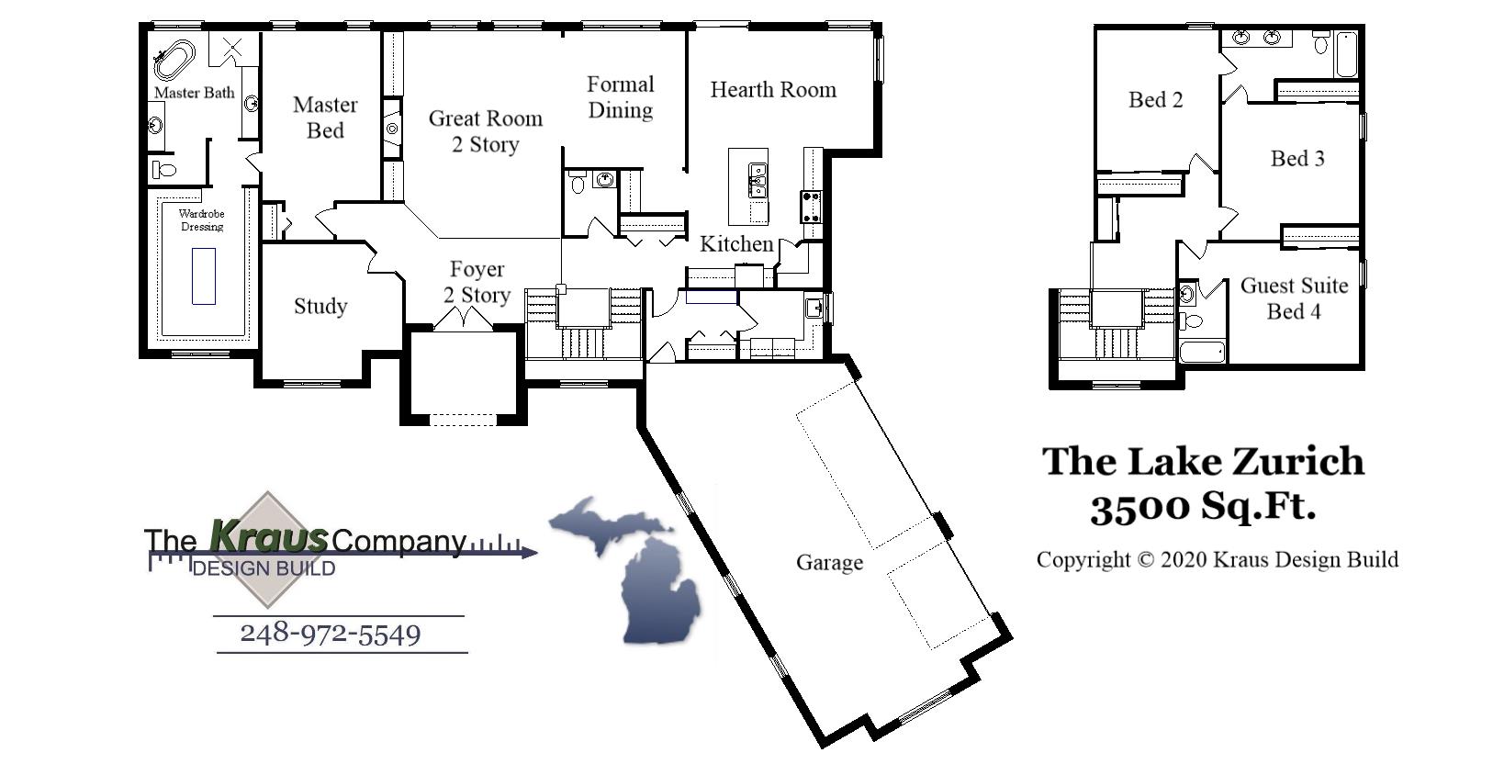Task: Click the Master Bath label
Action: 194,93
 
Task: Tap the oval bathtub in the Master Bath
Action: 174,58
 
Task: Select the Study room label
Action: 320,306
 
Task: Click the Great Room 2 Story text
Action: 485,131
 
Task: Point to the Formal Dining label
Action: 621,97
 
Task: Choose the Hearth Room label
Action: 773,90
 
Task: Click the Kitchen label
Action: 736,244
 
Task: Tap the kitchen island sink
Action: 758,179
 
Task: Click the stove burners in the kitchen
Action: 811,208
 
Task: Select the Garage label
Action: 829,562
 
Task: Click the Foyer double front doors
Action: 463,319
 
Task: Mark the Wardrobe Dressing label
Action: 201,220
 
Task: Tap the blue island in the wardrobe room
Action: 204,275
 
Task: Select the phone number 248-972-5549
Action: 331,634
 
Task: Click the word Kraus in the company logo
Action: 268,535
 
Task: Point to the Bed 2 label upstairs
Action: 1155,100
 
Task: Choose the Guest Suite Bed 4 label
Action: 1294,298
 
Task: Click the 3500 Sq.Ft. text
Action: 1203,506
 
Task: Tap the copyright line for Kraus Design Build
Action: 1217,559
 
